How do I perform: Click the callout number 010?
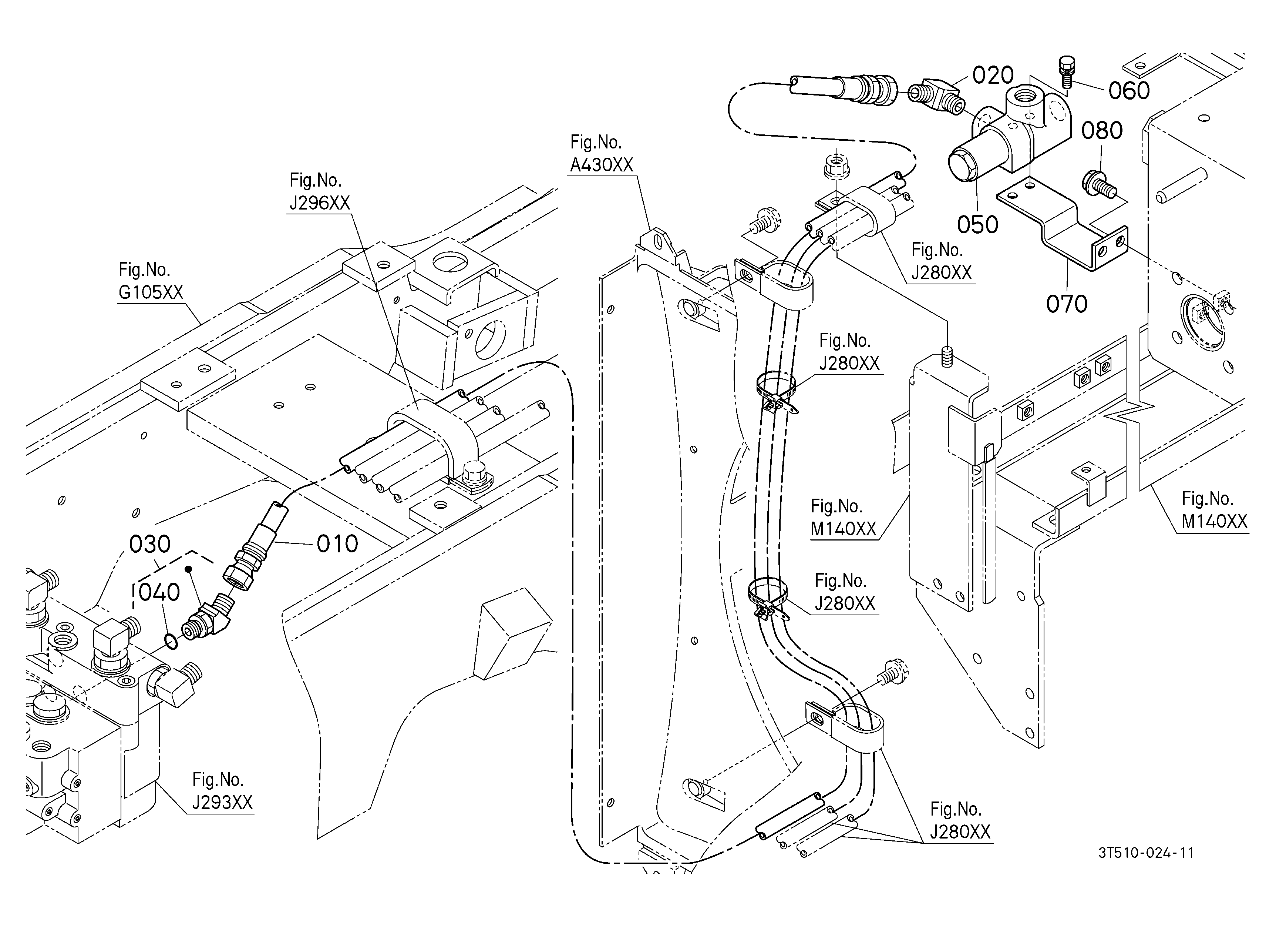point(337,544)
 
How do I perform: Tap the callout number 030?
point(150,544)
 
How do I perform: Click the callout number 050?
point(978,225)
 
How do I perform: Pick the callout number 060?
point(1129,90)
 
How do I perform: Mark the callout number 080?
point(1102,131)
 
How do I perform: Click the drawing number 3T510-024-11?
point(1147,853)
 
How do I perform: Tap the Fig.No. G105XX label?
point(151,281)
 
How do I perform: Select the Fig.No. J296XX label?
point(320,191)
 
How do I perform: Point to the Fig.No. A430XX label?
point(602,153)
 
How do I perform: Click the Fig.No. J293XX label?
point(222,790)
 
